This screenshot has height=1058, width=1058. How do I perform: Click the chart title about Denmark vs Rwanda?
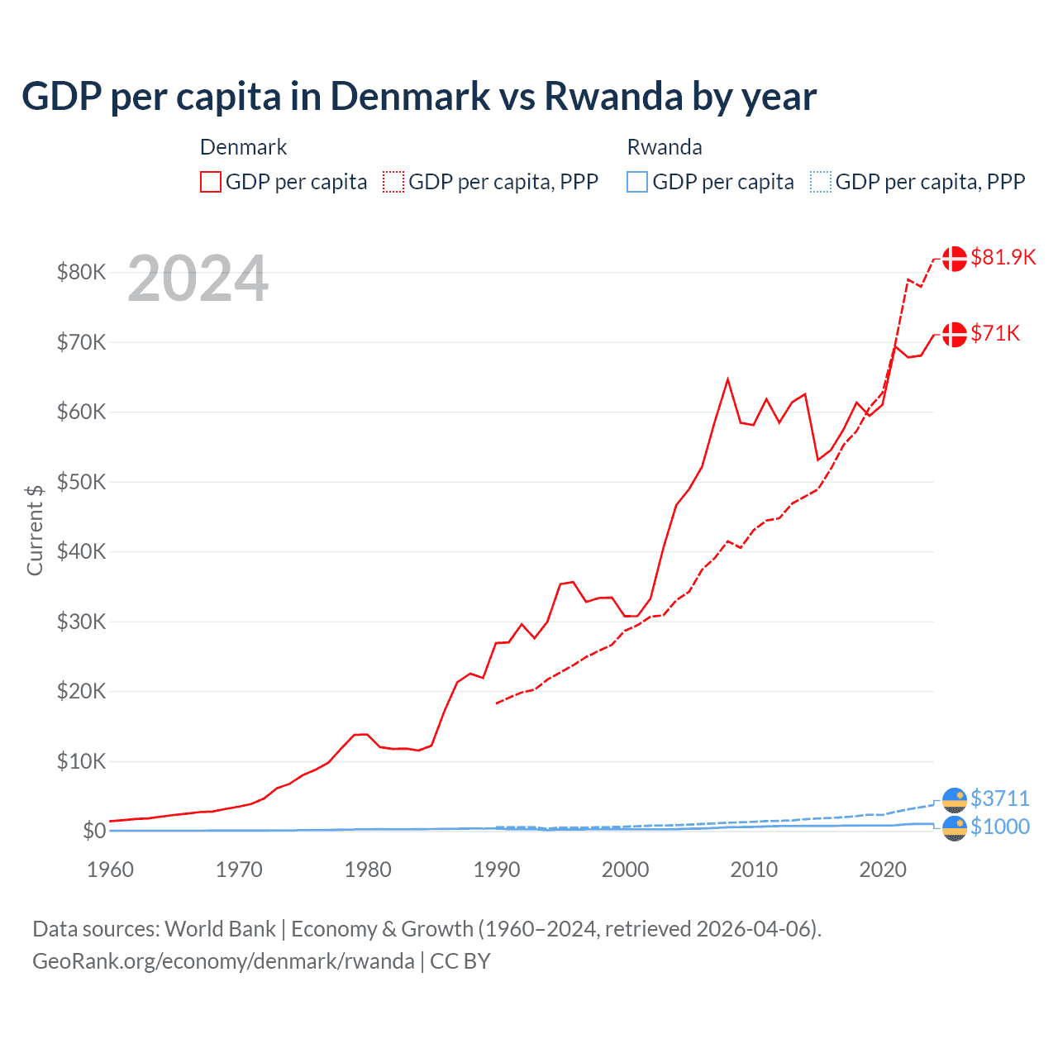click(x=418, y=97)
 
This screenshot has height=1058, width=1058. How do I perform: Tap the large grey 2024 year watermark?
click(x=198, y=279)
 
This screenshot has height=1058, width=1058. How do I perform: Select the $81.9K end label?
click(x=1003, y=257)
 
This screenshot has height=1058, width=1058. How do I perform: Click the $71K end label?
click(x=995, y=333)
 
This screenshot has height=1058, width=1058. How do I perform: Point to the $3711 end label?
click(x=999, y=798)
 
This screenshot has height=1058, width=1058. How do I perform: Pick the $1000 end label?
click(x=999, y=827)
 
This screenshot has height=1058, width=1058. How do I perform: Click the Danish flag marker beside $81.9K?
click(x=955, y=258)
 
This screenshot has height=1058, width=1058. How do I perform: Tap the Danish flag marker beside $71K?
click(x=955, y=334)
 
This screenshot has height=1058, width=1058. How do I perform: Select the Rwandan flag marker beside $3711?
click(x=955, y=799)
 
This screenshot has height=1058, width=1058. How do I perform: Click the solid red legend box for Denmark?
click(x=211, y=182)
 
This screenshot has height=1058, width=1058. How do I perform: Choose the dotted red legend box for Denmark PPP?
click(x=393, y=182)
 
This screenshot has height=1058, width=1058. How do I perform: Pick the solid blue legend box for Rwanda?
click(x=637, y=182)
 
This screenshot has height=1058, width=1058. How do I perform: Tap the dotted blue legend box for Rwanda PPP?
click(x=821, y=182)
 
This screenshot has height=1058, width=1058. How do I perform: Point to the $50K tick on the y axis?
click(x=81, y=482)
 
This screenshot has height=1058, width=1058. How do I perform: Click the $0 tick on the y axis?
click(x=94, y=831)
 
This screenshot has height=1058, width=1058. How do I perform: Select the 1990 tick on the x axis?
click(x=497, y=870)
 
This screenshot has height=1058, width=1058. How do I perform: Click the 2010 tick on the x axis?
click(x=754, y=870)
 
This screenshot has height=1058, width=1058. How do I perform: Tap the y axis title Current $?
click(x=35, y=530)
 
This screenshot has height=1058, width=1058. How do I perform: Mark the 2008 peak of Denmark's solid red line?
click(x=727, y=379)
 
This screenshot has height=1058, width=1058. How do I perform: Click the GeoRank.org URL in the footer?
click(x=223, y=961)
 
